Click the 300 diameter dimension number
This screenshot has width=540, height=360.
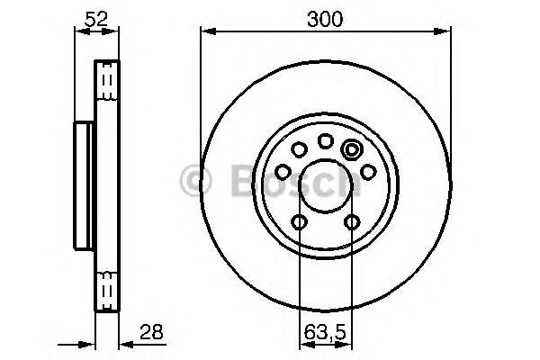324,18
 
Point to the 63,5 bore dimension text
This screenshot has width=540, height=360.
325,328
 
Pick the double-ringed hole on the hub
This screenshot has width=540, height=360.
352,150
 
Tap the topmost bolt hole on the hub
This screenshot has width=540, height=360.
325,141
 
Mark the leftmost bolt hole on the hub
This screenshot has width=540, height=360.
283,171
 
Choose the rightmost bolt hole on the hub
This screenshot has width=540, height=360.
367,171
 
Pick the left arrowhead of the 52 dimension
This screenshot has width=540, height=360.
78,32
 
